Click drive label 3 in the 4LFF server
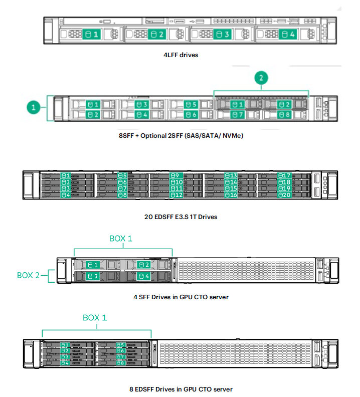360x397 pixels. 222,34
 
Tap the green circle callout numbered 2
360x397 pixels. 261,78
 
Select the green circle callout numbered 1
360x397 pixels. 34,107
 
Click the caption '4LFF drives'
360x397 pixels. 181,55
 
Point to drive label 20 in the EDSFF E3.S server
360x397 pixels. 284,195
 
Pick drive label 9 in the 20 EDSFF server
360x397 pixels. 175,175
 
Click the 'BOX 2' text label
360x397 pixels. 28,275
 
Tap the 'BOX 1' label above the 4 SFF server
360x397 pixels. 121,239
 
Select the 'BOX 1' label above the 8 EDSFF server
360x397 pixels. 95,317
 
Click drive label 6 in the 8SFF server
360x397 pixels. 191,115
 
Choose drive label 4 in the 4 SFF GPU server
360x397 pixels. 144,276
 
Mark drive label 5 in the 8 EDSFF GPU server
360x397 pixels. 121,345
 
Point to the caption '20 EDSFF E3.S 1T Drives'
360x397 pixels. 181,217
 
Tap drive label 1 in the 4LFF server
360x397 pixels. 91,34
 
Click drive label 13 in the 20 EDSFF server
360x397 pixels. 231,175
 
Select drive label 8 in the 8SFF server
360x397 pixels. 284,115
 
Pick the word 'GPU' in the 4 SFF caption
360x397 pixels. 186,297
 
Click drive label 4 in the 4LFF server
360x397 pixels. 288,34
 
